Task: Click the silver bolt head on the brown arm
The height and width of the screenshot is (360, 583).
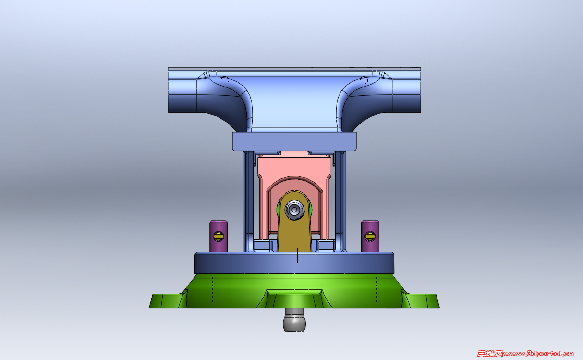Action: [294, 210]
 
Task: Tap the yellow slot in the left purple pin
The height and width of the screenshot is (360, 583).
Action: [219, 236]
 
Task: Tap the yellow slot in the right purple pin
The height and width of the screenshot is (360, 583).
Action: [370, 236]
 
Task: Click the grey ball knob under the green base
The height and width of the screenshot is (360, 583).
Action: [294, 321]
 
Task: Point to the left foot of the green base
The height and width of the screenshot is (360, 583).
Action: [166, 301]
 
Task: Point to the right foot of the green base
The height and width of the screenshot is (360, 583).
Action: [423, 301]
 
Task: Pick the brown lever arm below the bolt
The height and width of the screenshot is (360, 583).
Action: [294, 236]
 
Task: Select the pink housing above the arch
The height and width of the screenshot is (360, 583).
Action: [294, 166]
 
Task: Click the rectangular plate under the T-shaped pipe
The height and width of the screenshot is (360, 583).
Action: [294, 142]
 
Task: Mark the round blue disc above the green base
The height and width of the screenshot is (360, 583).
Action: [294, 263]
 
